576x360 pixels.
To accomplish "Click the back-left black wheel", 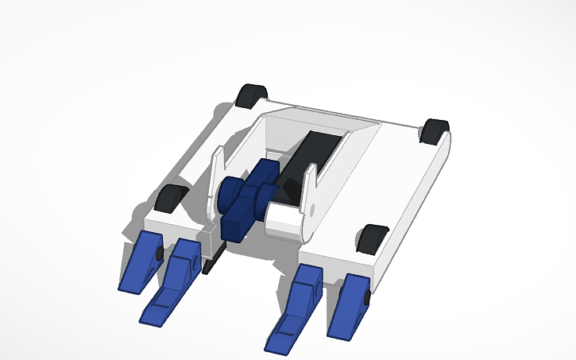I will tap(252, 95).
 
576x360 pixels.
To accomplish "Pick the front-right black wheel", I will tap(372, 238).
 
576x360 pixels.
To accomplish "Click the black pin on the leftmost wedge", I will tap(160, 254).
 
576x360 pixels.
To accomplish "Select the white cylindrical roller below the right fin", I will tap(284, 219).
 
